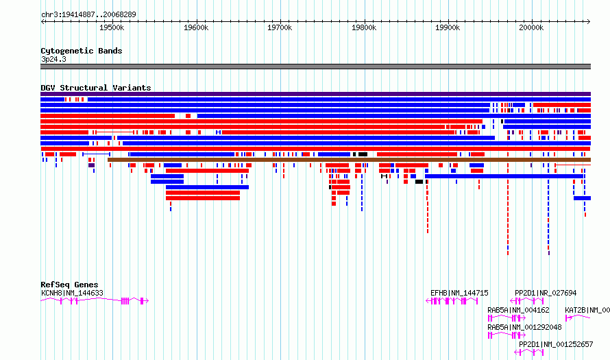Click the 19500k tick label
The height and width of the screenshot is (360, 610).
click(112, 27)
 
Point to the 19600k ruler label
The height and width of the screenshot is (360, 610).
click(196, 27)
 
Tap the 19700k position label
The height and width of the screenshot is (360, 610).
click(280, 27)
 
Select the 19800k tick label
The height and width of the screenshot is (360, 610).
click(364, 27)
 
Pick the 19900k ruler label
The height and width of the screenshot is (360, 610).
click(448, 27)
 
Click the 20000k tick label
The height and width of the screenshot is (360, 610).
click(531, 27)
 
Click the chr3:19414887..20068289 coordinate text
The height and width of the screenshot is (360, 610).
click(88, 14)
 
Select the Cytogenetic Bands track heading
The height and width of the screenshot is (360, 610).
click(82, 51)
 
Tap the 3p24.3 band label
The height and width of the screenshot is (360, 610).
click(53, 59)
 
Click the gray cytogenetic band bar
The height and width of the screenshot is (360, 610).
click(315, 67)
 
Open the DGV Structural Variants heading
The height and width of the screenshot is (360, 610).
click(96, 88)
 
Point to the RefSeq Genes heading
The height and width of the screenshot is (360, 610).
click(69, 285)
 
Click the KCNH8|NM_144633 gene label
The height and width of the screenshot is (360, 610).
click(72, 293)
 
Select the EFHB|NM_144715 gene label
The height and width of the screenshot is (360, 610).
click(459, 293)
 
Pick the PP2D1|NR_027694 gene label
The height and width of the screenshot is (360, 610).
click(546, 293)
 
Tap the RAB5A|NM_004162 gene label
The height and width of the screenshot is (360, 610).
click(518, 310)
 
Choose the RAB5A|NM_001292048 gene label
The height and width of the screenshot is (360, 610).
click(524, 327)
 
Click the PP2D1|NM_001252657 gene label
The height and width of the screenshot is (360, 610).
click(556, 344)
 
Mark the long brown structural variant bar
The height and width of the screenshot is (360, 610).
click(349, 160)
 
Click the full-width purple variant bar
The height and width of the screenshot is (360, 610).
click(315, 94)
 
